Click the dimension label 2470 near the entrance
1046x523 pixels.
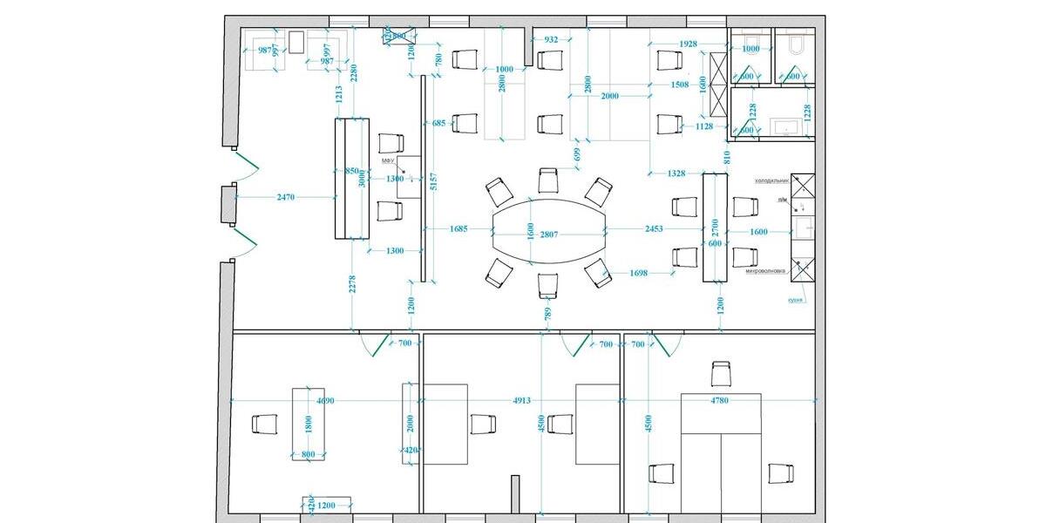pyautogui.click(x=286, y=198)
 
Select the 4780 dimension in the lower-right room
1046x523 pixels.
pyautogui.click(x=720, y=401)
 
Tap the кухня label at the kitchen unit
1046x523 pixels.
pyautogui.click(x=796, y=298)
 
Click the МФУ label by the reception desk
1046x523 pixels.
pyautogui.click(x=388, y=162)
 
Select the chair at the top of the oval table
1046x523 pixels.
pyautogui.click(x=548, y=180)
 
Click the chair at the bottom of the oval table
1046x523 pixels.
pyautogui.click(x=548, y=285)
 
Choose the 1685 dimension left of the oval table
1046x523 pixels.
pyautogui.click(x=459, y=229)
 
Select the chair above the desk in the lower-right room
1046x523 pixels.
pyautogui.click(x=721, y=374)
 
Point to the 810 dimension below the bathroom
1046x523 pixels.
pyautogui.click(x=726, y=157)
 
